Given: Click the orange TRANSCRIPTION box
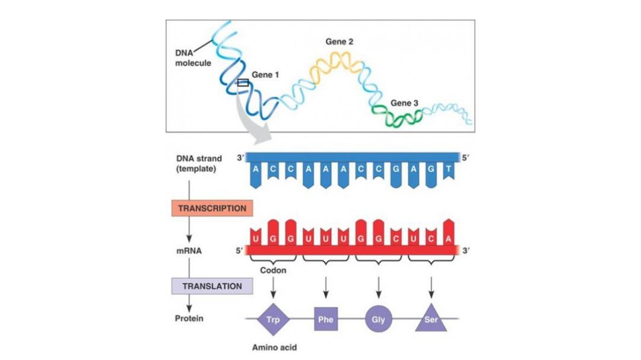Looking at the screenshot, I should [x=212, y=209].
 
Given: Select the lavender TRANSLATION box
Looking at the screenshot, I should [x=212, y=286].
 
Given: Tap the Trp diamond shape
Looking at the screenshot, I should [x=273, y=320].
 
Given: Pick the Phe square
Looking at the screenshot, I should [x=326, y=320].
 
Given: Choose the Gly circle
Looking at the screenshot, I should [x=378, y=320].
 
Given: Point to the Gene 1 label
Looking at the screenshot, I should [x=265, y=75].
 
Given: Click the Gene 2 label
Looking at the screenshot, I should [x=339, y=42].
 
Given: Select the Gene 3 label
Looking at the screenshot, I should [x=404, y=103].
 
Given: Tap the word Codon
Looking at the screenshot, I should [x=273, y=270].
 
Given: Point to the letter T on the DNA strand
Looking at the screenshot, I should [x=449, y=169].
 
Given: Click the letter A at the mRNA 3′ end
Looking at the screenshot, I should [x=449, y=238].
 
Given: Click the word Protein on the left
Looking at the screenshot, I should [x=189, y=318].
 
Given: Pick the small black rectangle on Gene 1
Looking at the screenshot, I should [x=242, y=83].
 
